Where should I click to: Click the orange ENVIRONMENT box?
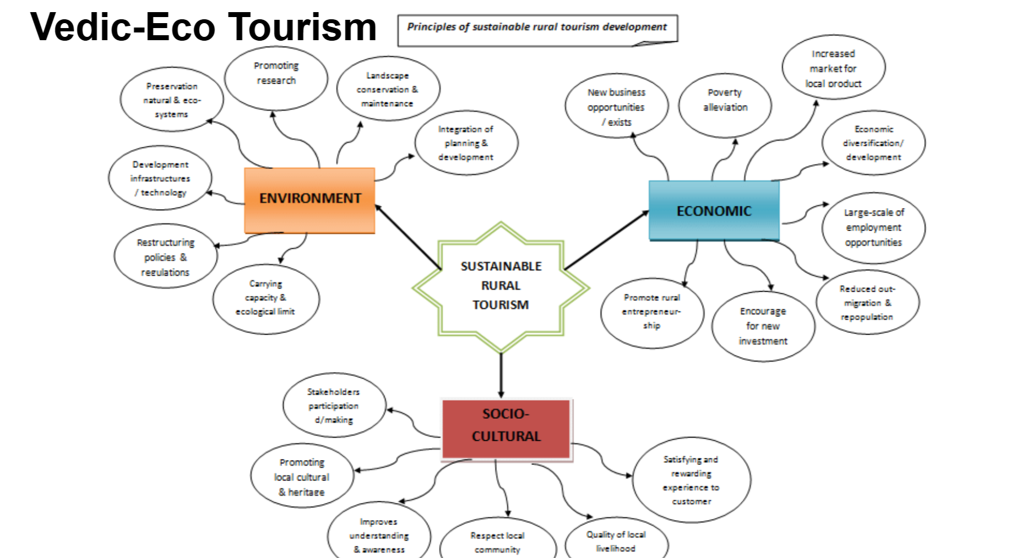coord(309,200)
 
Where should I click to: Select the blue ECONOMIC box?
coord(714,211)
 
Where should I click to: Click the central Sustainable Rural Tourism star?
coord(501,286)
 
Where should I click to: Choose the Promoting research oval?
coord(276,74)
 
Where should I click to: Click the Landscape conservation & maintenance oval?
coord(388,89)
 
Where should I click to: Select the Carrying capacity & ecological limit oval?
coord(265,298)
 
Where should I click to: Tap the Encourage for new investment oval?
coord(763,326)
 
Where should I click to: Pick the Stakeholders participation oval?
coord(334,406)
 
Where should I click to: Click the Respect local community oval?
coord(497,541)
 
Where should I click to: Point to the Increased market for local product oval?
coord(833,68)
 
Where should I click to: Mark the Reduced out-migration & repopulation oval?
coord(867,303)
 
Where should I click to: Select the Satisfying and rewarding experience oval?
coord(691,480)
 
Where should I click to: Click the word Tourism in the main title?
coord(302,26)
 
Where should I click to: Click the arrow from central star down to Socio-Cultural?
coord(501,374)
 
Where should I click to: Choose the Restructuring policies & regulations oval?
coord(165,257)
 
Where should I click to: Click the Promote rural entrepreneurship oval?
coord(651,311)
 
